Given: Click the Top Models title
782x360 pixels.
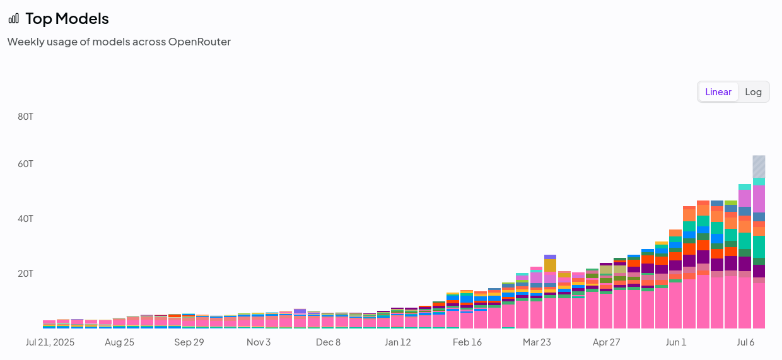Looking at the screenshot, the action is [67, 18].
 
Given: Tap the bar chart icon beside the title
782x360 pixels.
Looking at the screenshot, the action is [14, 18].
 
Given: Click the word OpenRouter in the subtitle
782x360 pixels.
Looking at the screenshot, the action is [199, 42].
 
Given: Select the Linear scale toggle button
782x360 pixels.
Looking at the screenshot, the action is [718, 92].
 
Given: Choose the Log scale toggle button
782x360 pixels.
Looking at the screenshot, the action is [753, 92].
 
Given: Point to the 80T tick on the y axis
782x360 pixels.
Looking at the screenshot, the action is [25, 117].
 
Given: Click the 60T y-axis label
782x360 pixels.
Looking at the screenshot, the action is [25, 164].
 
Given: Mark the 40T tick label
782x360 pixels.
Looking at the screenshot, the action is [25, 219].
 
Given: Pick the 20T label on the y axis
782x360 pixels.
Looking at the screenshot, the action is [25, 274].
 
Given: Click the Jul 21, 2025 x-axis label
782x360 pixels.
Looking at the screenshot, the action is [50, 342].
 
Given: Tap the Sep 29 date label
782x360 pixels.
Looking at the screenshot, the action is [189, 342].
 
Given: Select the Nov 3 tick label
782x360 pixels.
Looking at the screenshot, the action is [259, 342].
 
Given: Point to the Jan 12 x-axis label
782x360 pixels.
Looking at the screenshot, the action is [398, 342].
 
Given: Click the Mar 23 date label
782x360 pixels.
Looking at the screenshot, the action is [537, 342].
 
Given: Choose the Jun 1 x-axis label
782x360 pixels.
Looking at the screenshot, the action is [676, 342].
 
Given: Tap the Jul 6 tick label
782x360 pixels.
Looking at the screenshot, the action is [745, 342].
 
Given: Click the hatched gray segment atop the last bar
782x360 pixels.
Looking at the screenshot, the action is [759, 166].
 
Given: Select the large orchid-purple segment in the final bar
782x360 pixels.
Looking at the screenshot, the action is [759, 199].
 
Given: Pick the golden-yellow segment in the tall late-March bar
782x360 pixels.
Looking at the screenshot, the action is [550, 265].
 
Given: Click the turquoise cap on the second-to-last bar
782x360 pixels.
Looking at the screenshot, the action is [745, 187].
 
